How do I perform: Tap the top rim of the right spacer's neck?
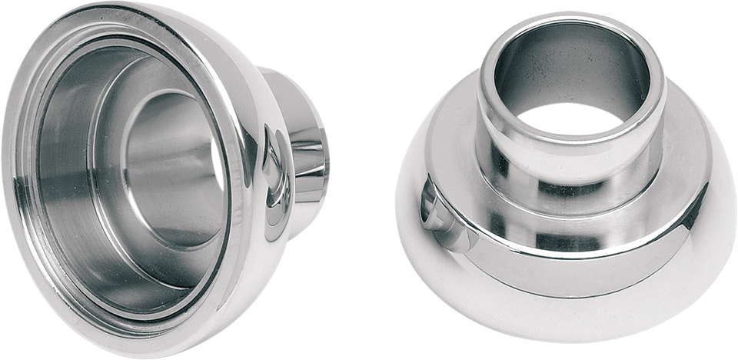point(570,23)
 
